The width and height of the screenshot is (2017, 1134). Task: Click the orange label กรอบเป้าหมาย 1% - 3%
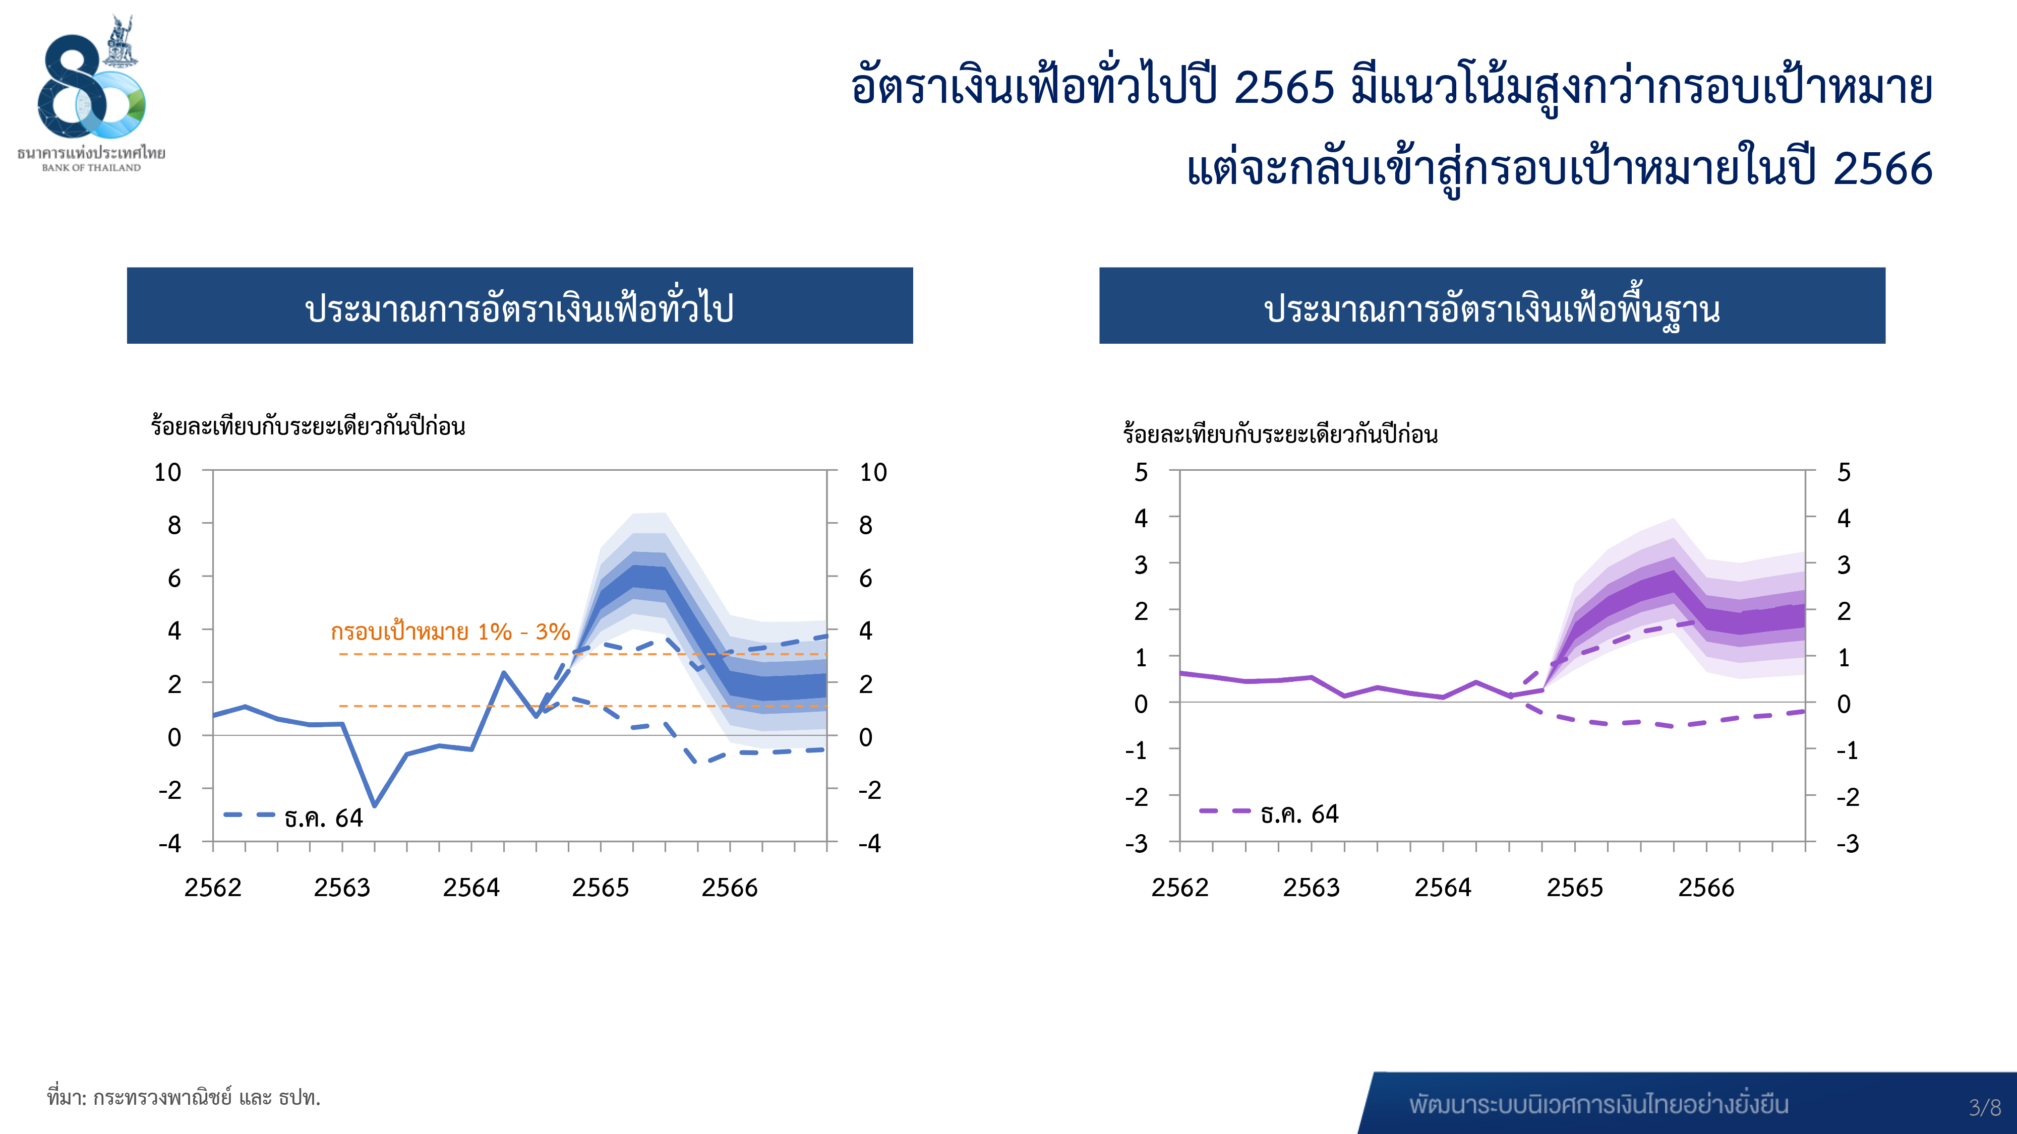tap(450, 631)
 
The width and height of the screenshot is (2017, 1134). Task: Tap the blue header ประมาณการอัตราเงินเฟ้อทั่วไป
tap(520, 306)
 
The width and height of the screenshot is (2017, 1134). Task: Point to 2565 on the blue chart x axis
tap(601, 888)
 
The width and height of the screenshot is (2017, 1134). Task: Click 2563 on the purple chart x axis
tap(1312, 888)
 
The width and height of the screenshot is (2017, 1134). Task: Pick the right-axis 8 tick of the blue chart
tap(865, 525)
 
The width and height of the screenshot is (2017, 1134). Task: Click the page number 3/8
tap(1985, 1107)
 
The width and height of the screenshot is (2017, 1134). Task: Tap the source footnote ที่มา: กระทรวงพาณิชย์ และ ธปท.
tap(183, 1097)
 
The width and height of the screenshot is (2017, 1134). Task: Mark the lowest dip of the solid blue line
tap(374, 805)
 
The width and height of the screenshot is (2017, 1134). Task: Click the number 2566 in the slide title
tap(1883, 169)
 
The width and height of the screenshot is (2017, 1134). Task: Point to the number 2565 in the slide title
tap(1284, 86)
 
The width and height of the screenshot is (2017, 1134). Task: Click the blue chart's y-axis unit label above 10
tap(308, 426)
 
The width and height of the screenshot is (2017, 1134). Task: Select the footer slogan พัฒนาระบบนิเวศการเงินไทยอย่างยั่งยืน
tap(1599, 1104)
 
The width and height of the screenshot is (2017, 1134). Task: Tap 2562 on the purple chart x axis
tap(1180, 888)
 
